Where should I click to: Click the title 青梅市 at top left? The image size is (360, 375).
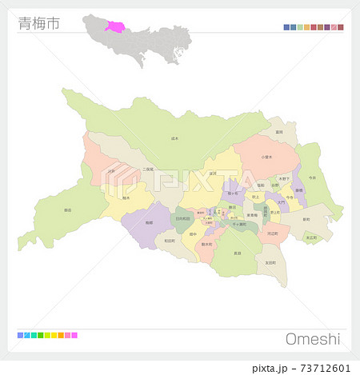pos(37,24)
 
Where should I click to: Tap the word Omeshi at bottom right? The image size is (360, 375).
pos(313,338)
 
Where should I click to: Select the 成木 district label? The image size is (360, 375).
pos(175,138)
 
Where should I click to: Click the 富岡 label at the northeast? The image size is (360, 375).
pos(279,132)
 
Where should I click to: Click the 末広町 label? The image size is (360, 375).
pos(311,237)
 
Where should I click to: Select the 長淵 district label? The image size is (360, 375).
pos(237,253)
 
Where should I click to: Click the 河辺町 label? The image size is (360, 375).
pos(273,233)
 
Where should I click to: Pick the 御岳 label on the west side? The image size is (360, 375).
pos(67,210)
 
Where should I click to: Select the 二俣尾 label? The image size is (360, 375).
pos(148,170)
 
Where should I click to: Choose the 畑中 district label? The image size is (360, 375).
pos(193,234)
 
